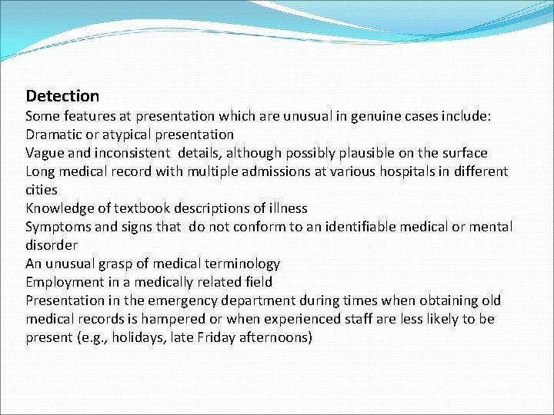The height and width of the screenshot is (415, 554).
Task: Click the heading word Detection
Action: click(62, 96)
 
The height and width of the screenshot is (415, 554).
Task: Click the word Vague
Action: click(46, 153)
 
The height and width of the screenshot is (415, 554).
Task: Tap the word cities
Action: click(42, 190)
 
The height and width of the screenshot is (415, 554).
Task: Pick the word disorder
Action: click(52, 245)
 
